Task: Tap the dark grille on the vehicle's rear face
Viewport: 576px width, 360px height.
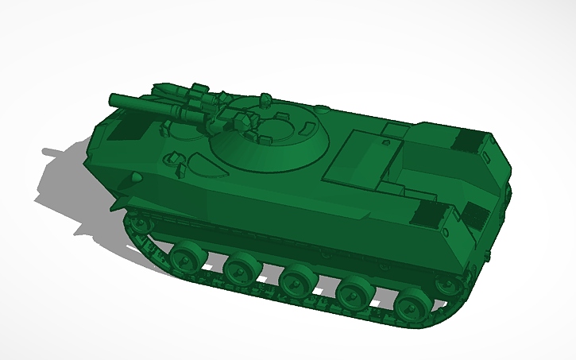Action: (x=475, y=215)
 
